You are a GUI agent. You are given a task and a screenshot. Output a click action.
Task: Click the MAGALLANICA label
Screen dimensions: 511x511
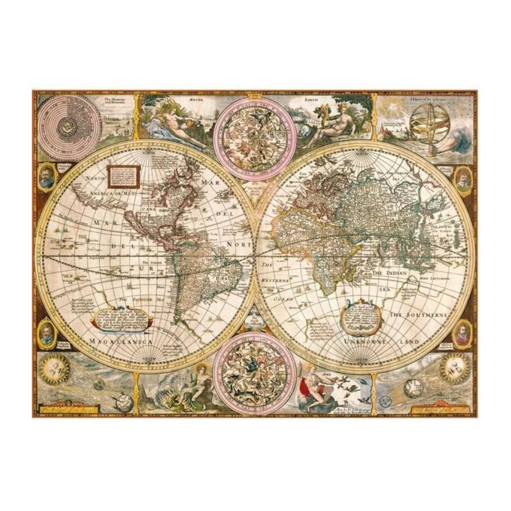coord(122,342)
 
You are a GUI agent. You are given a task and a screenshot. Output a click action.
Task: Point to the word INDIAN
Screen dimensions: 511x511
coord(397,272)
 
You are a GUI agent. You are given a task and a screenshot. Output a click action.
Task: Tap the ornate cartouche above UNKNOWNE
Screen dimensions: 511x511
coord(362,313)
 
